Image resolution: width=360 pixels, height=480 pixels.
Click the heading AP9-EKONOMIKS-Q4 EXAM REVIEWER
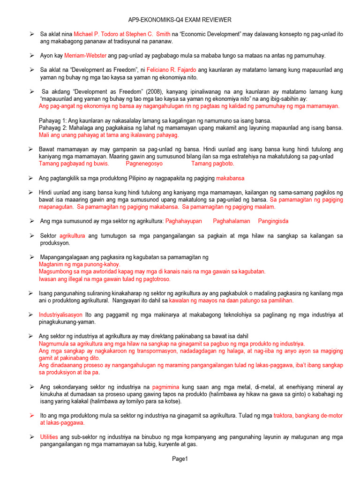tap(180, 20)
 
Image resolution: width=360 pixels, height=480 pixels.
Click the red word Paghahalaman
tap(232, 221)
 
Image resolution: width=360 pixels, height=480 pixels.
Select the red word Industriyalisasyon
tap(61, 315)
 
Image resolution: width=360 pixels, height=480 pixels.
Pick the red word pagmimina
tap(166, 387)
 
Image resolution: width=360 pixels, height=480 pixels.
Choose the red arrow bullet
tap(31, 415)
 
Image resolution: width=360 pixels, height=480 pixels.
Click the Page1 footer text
tap(180, 459)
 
